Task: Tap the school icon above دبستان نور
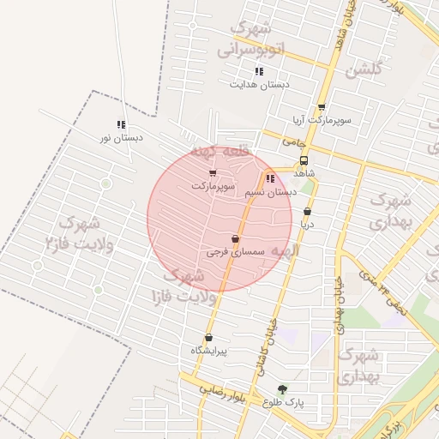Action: click(x=121, y=124)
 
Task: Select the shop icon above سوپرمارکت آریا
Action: click(x=322, y=107)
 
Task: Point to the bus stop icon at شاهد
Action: click(x=304, y=160)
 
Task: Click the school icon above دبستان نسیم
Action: click(x=270, y=179)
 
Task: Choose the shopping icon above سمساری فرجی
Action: click(x=235, y=239)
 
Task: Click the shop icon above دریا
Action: click(x=307, y=212)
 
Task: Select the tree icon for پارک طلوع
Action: click(x=283, y=389)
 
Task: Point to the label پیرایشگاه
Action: click(x=208, y=351)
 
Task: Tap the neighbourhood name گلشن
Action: click(x=363, y=69)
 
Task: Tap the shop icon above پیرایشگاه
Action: click(x=208, y=337)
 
